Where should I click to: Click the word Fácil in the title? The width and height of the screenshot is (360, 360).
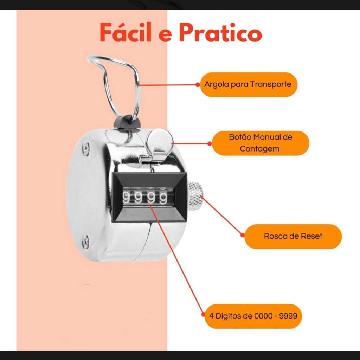(x=126, y=32)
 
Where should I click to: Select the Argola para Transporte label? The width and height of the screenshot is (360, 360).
(x=249, y=85)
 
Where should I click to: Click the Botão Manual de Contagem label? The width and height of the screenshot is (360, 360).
(x=261, y=143)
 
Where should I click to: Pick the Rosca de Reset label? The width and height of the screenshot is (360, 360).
(x=293, y=237)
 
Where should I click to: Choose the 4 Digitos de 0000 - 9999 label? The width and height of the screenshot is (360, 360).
(x=253, y=316)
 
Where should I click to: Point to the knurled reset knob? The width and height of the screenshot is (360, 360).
(x=195, y=194)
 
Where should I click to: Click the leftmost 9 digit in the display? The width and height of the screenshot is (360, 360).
(x=126, y=198)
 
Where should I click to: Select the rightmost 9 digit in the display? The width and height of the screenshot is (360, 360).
(x=163, y=198)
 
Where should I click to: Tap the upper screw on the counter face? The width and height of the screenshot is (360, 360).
(x=86, y=149)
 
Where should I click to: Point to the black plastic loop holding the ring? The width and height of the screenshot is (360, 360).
(x=127, y=122)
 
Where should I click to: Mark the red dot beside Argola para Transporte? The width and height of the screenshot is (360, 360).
(x=198, y=85)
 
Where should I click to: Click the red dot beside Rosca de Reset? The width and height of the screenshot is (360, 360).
(x=243, y=235)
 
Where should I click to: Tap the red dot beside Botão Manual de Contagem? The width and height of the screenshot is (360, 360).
(x=210, y=144)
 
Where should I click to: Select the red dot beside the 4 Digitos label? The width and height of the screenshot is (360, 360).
(x=203, y=314)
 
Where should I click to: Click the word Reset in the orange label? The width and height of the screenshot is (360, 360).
(x=311, y=236)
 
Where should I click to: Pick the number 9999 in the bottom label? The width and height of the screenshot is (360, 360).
(x=288, y=316)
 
